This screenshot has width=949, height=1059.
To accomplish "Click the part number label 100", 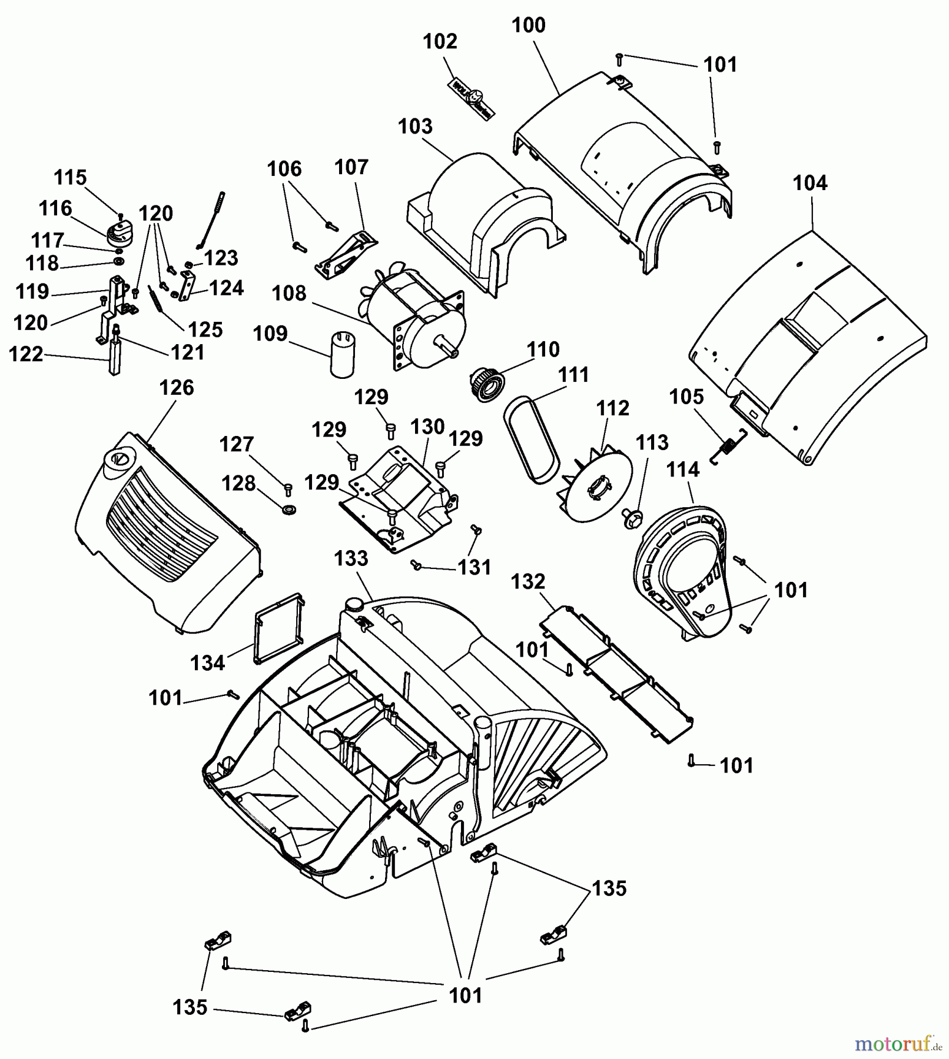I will click(x=528, y=25).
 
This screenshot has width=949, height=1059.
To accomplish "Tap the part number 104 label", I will click(x=809, y=183).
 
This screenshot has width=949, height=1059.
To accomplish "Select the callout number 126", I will click(x=176, y=388).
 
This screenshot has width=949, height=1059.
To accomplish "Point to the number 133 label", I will click(x=351, y=558).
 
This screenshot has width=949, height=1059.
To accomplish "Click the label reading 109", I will click(x=270, y=334).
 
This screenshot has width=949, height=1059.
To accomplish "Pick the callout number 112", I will click(x=612, y=408).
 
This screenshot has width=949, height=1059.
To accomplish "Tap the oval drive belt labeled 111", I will click(x=530, y=437).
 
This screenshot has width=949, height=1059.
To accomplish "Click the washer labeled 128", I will click(x=289, y=508).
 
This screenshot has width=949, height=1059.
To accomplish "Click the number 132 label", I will click(x=527, y=582).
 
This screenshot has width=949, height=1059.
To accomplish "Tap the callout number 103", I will click(x=415, y=126).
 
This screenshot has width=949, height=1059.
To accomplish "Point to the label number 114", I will click(x=683, y=469).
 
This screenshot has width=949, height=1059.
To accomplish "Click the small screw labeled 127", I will click(x=288, y=488).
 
